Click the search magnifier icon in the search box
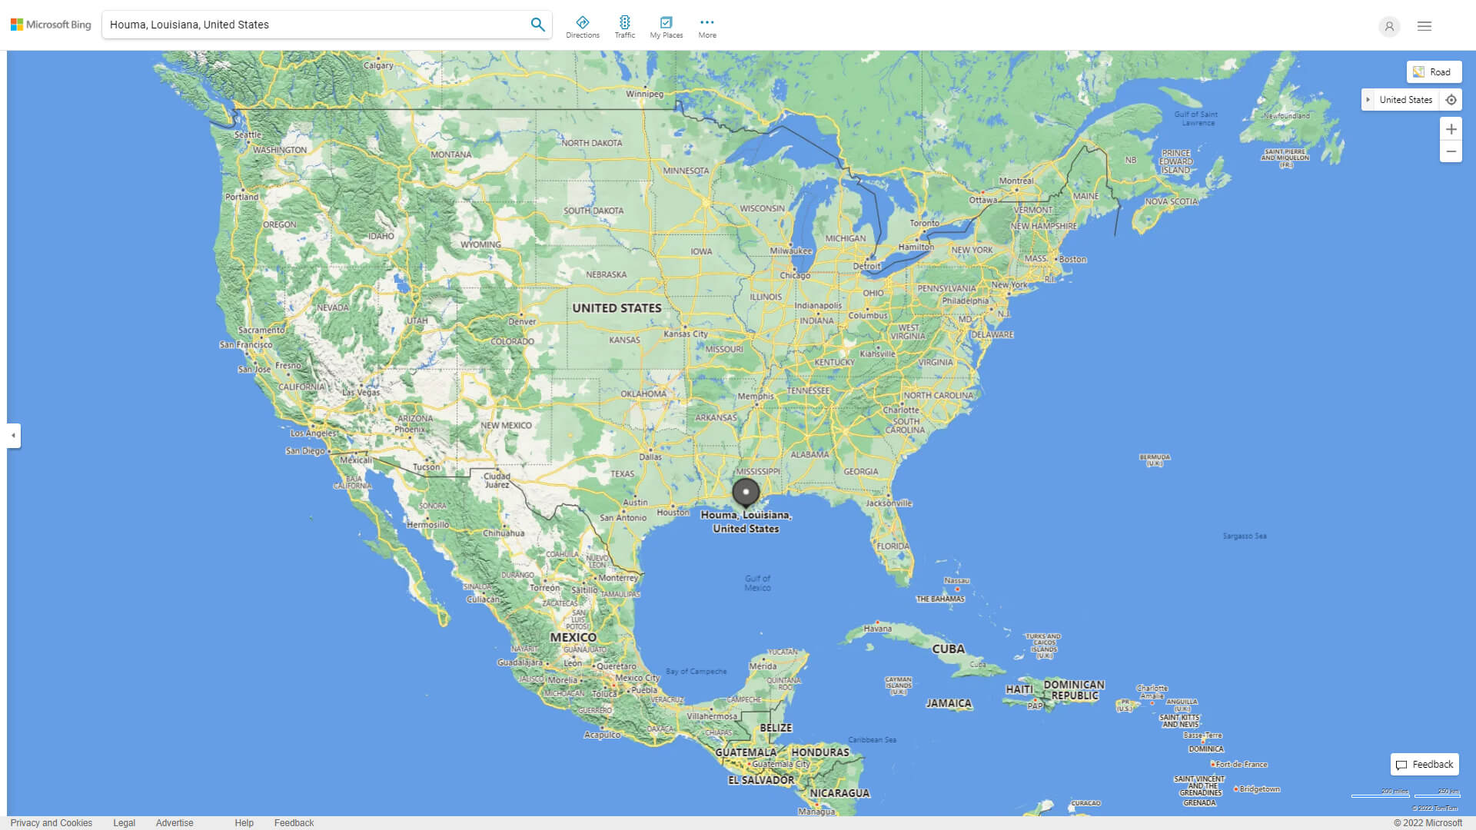point(537,25)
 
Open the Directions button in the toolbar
point(583,26)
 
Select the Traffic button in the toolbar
point(625,26)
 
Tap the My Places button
point(666,26)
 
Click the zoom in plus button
point(1451,129)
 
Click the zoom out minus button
point(1451,151)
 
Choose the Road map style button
point(1434,72)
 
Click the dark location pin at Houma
point(746,492)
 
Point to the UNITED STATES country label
point(617,308)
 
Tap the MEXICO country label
point(573,637)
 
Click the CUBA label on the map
point(948,649)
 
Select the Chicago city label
point(795,275)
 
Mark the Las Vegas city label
point(361,392)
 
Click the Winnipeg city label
point(644,94)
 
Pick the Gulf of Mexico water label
point(757,583)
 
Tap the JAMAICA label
point(949,703)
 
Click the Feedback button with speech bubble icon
point(1424,765)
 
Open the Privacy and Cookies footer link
point(52,822)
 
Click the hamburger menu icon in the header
point(1424,26)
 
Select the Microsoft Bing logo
point(51,25)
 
